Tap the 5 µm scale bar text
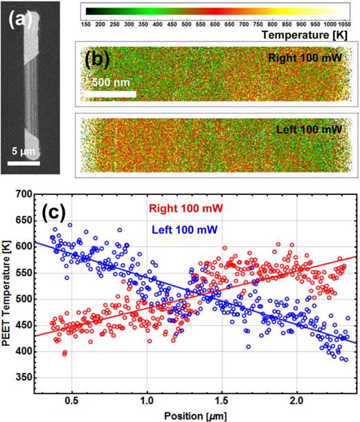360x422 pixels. [23, 151]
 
